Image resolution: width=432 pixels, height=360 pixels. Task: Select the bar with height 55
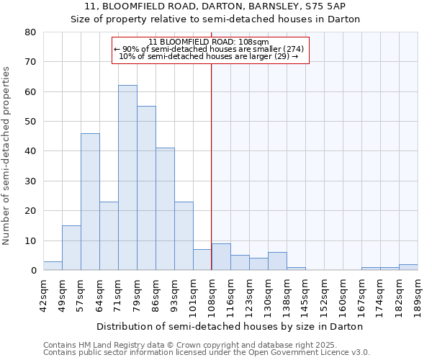[x=146, y=188]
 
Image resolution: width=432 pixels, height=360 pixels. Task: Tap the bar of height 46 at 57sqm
[x=90, y=202]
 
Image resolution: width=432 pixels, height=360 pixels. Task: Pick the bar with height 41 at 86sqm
[x=165, y=209]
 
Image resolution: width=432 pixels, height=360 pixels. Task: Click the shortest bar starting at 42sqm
[x=53, y=266]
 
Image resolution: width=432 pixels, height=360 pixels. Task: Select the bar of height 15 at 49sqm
[x=71, y=248]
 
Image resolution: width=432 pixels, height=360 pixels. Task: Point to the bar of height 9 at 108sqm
[x=221, y=257]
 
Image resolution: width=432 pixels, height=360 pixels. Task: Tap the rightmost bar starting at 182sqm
[x=408, y=267]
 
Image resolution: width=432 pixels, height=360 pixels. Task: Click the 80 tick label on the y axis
[x=30, y=32]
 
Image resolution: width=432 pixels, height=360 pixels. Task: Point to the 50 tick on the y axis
[x=30, y=122]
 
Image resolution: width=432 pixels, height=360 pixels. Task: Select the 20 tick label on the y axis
[x=30, y=211]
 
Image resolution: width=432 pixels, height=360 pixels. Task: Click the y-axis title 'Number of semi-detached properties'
[x=7, y=156]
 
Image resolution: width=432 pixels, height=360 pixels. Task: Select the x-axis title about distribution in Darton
[x=230, y=327]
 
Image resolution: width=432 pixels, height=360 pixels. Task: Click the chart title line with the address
[x=215, y=6]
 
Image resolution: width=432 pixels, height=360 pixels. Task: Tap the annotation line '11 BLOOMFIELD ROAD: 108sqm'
[x=208, y=42]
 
